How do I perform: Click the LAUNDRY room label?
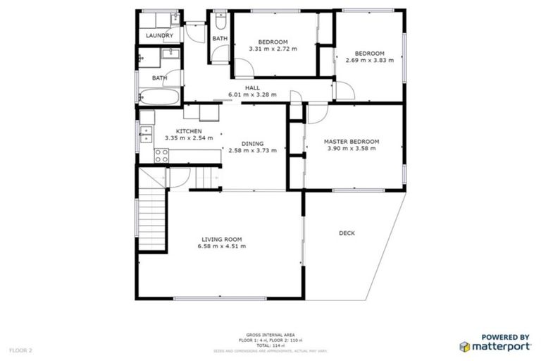159,35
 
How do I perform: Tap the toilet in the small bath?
220,16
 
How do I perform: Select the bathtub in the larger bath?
160,97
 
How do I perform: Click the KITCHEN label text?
189,132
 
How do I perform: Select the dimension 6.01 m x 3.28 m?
252,94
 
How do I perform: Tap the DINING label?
251,142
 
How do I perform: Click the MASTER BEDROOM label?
352,142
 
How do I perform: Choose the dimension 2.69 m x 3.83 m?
369,61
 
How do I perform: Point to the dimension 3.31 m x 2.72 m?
273,49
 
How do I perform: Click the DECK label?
347,233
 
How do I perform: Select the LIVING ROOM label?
223,239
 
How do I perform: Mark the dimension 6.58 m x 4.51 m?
223,246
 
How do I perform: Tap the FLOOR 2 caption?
21,350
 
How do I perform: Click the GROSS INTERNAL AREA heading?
270,334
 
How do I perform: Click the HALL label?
252,87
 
